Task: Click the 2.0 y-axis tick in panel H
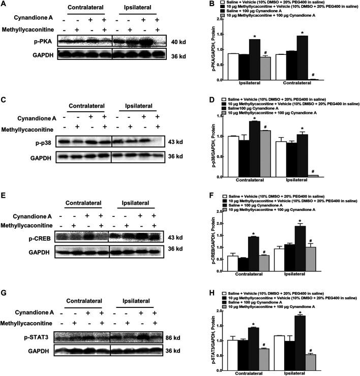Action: [218, 310]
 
